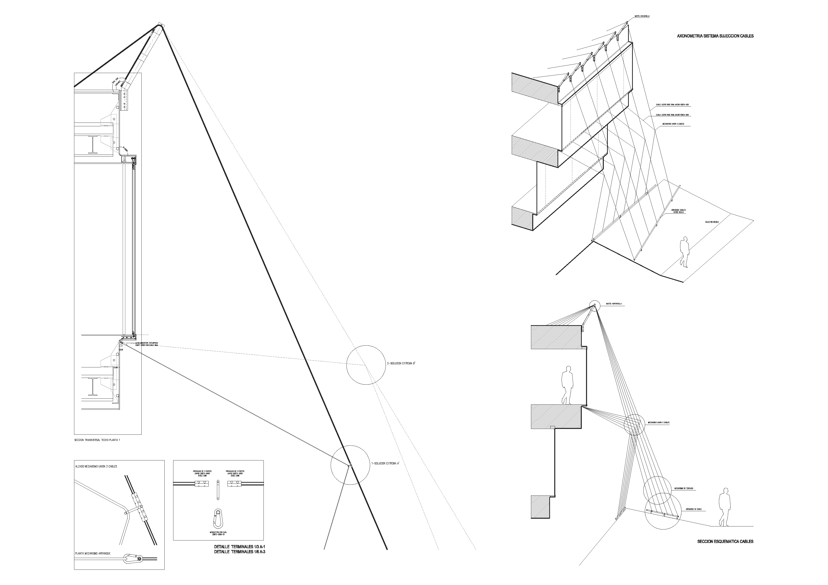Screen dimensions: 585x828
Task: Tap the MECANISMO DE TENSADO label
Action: pyautogui.click(x=684, y=489)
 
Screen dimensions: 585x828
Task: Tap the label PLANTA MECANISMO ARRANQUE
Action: pyautogui.click(x=93, y=553)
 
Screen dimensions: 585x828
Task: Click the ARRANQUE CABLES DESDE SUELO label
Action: pyautogui.click(x=678, y=211)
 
